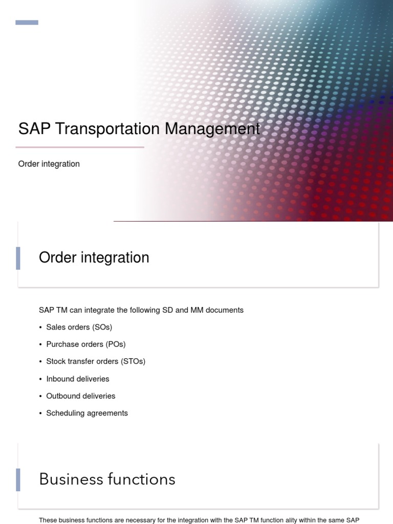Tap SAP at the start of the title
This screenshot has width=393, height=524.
coord(34,128)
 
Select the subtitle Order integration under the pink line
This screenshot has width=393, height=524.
coord(49,164)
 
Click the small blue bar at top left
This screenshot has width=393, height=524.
coord(27,23)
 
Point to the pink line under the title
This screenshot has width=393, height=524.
coord(80,147)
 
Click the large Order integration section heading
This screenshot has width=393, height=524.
coord(94,257)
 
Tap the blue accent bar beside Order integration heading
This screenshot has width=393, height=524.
coord(18,258)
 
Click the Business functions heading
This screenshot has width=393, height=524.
coord(107,479)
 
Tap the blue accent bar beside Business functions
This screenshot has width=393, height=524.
coord(18,479)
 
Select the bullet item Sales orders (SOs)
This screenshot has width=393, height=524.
coord(79,327)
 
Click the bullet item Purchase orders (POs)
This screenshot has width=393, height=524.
coord(85,344)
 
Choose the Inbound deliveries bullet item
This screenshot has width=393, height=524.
coord(78,379)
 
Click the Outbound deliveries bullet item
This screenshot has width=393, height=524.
coord(81,396)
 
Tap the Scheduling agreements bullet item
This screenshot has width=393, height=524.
coord(87,413)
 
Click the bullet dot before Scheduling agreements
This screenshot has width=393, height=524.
coord(40,413)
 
